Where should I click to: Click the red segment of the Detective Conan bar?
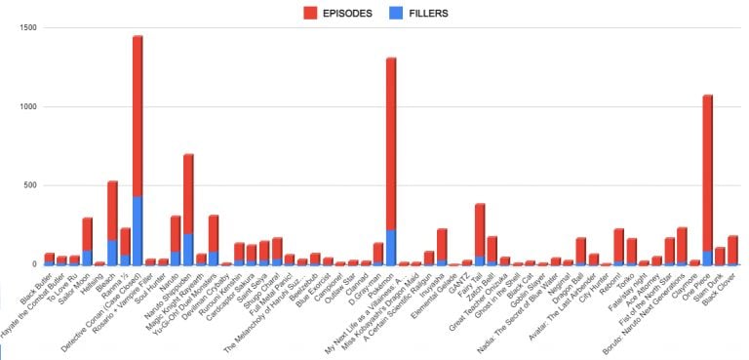(x=138, y=117)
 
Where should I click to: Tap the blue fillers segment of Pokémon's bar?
(x=391, y=247)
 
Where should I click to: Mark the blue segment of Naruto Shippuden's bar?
(x=188, y=249)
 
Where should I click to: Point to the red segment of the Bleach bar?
(x=112, y=210)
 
